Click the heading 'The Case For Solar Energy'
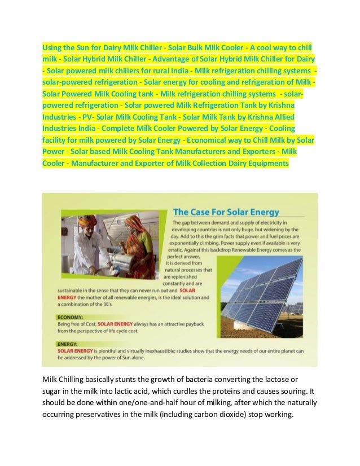[226, 212]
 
